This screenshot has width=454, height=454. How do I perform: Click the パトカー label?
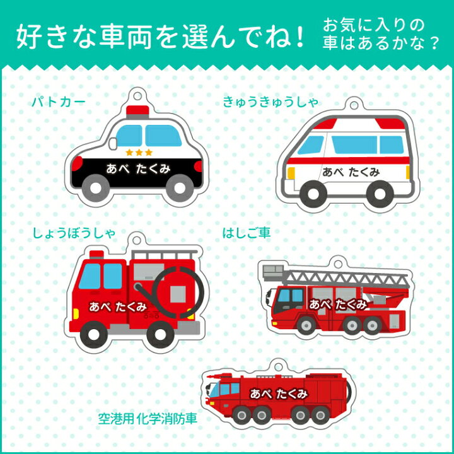click(59, 102)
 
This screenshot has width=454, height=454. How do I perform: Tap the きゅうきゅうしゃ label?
click(270, 102)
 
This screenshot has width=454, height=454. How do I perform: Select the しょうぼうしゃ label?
click(74, 233)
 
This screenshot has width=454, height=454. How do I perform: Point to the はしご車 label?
click(246, 233)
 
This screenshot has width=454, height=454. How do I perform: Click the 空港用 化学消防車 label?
click(148, 419)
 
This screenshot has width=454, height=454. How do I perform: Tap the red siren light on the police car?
click(137, 110)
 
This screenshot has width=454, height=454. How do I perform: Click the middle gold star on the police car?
click(139, 153)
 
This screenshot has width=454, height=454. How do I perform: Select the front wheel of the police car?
click(95, 188)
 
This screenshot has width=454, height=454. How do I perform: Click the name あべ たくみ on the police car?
click(138, 169)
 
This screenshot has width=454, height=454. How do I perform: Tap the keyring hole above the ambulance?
click(354, 104)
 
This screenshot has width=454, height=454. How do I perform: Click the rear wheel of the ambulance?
click(380, 194)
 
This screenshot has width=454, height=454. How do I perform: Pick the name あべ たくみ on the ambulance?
click(351, 172)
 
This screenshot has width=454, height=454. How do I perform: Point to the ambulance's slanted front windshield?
click(310, 145)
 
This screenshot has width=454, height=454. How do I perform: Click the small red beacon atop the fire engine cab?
click(96, 255)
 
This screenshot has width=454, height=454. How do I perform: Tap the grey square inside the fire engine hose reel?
click(178, 294)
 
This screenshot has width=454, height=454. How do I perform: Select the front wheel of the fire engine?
click(93, 334)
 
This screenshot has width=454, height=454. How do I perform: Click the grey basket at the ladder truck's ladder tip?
click(273, 272)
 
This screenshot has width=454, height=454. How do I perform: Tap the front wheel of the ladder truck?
click(306, 325)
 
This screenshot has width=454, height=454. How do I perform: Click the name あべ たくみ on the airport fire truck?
click(278, 393)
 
